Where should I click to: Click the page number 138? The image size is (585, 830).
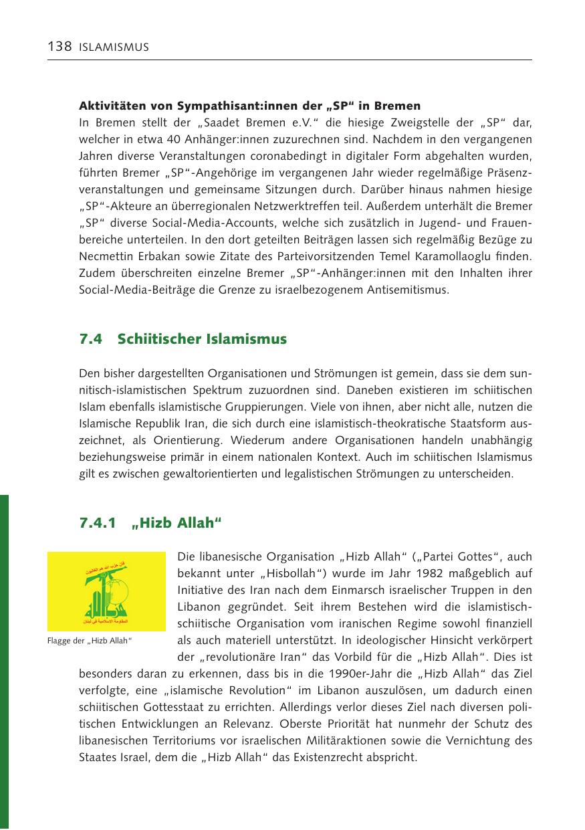coord(60,47)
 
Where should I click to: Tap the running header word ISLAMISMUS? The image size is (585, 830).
coord(114,47)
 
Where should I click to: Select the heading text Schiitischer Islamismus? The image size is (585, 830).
coord(202,339)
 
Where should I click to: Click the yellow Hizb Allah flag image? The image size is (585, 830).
coord(106,591)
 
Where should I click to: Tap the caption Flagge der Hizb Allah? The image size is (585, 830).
coord(90,643)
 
